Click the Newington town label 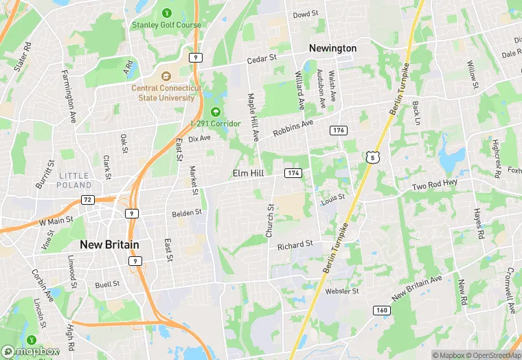[332, 48]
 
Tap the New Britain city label [109, 245]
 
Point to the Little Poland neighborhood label [73, 181]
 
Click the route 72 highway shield [87, 199]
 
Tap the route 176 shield [337, 131]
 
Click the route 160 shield [383, 311]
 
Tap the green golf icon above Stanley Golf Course [166, 12]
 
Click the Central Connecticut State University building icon [166, 76]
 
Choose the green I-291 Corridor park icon [216, 112]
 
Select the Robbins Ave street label [293, 127]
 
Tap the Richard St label [295, 245]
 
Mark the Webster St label [342, 291]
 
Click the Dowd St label [306, 14]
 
